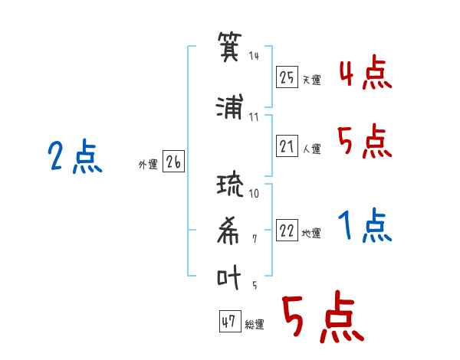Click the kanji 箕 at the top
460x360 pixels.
click(x=230, y=47)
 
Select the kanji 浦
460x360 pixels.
click(x=230, y=106)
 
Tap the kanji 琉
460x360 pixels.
click(x=230, y=185)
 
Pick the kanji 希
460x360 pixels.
click(x=228, y=231)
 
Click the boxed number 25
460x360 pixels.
click(x=287, y=77)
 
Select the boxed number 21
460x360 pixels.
click(x=287, y=146)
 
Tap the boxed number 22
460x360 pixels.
click(x=287, y=230)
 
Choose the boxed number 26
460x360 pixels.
click(x=173, y=161)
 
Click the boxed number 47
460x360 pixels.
click(x=230, y=321)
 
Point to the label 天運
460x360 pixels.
click(x=312, y=80)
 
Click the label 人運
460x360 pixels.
click(x=312, y=149)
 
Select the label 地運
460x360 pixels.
click(x=311, y=233)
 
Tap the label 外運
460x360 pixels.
click(x=148, y=165)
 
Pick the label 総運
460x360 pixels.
click(x=255, y=324)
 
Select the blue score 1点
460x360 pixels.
click(x=365, y=225)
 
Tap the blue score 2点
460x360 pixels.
click(x=75, y=155)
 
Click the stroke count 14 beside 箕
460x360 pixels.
click(x=254, y=56)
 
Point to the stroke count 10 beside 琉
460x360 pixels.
click(x=254, y=193)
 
